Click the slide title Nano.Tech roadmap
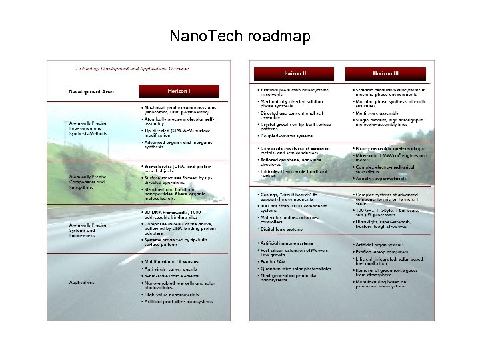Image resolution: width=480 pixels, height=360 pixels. click(x=240, y=36)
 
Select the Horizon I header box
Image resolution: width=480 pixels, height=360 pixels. click(x=178, y=91)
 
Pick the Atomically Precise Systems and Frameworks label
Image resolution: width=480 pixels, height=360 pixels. click(x=87, y=229)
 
